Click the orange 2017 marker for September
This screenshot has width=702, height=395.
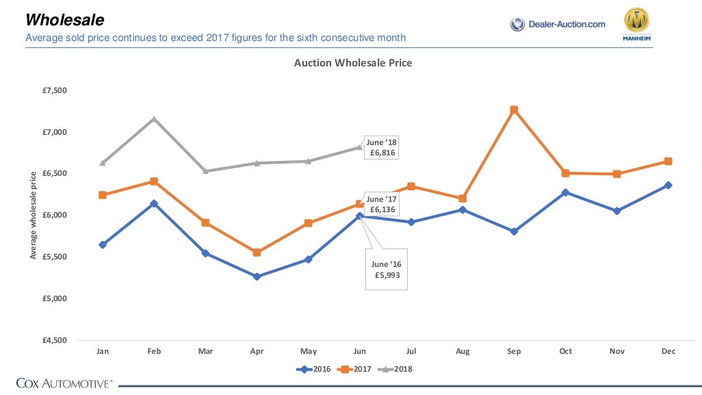514,110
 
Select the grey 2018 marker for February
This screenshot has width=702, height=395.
154,119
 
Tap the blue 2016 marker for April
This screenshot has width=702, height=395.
257,277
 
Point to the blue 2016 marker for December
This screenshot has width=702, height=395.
668,185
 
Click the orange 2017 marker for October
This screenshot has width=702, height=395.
566,173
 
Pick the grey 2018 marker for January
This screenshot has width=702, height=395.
103,163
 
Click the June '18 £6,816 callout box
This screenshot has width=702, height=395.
381,148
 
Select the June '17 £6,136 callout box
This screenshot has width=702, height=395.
381,204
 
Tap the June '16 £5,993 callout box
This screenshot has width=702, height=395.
386,269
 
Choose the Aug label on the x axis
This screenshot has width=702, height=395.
463,351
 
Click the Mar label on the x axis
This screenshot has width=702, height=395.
206,351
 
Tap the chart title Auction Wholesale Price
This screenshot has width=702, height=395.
353,63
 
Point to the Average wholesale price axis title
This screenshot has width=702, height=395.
33,216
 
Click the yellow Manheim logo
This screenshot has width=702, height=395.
636,26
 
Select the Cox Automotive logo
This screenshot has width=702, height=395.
64,383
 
